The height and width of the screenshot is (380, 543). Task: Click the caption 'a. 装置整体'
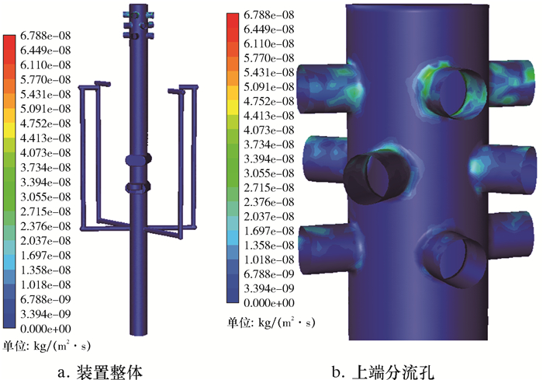tap(100, 372)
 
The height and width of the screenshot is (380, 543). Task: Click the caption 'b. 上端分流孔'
tap(383, 372)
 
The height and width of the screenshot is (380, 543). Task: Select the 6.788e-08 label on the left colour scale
tap(45, 36)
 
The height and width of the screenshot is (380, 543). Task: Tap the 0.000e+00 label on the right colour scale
tap(269, 302)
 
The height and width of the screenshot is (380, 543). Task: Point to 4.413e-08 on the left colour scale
tap(45, 138)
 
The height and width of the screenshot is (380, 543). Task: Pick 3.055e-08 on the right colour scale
tap(269, 173)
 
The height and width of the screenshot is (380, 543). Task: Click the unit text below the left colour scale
tap(47, 346)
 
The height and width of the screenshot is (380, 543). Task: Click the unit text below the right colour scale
tap(271, 322)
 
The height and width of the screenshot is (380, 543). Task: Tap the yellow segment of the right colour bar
tap(233, 107)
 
